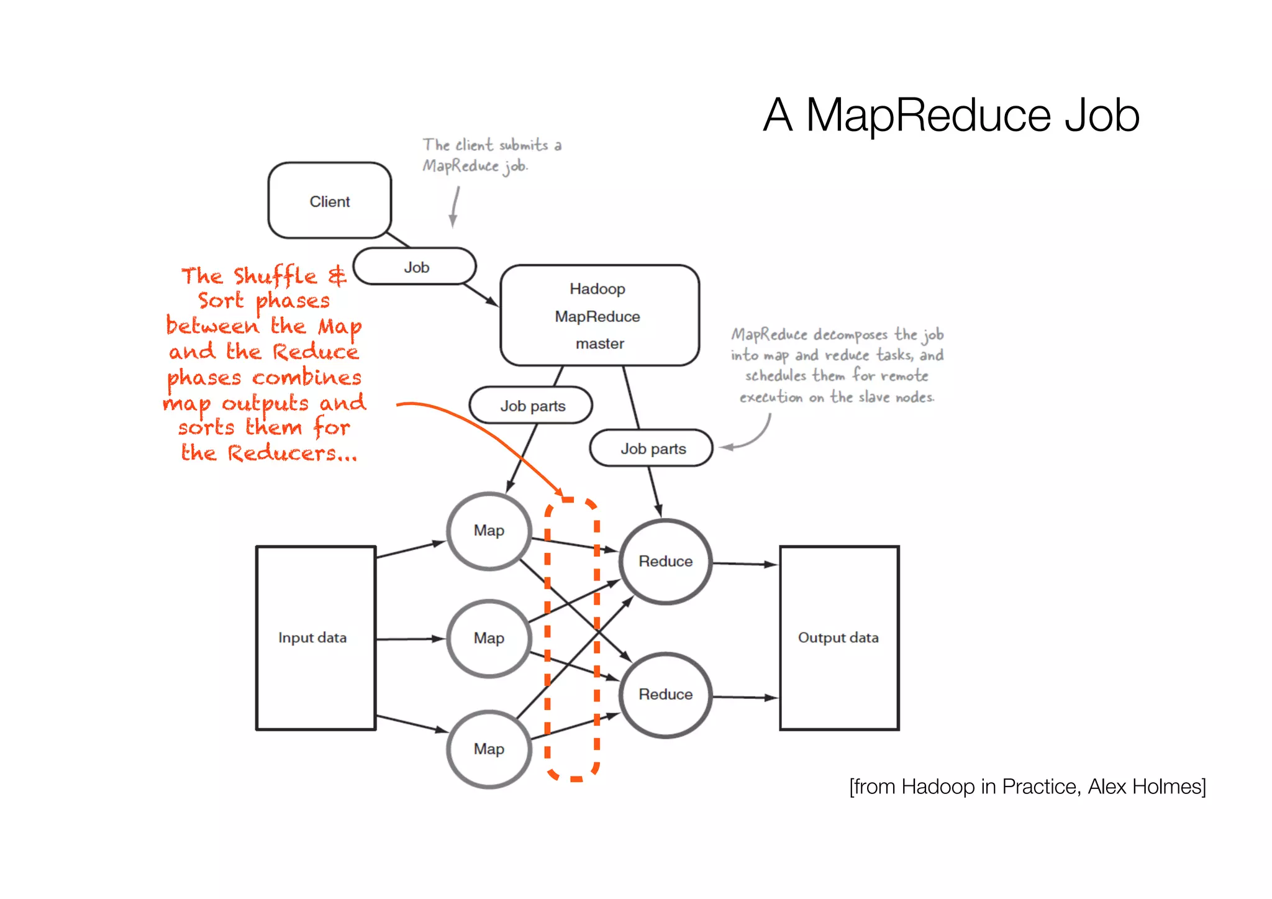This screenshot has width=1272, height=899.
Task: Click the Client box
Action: coord(329,201)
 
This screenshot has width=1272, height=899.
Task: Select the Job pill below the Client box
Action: coord(415,267)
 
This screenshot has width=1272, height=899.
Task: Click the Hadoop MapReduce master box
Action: coord(599,316)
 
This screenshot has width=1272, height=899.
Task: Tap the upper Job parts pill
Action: coord(531,406)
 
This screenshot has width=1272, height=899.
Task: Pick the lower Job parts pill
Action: coord(652,449)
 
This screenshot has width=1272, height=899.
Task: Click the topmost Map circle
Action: coord(489,531)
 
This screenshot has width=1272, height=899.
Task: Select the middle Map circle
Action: coord(489,638)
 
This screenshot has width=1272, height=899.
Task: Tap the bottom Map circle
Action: coord(489,749)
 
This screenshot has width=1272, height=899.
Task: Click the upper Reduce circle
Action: coord(665,561)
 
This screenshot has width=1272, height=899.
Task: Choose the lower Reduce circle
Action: coord(665,694)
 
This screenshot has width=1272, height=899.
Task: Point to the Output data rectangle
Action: coord(838,638)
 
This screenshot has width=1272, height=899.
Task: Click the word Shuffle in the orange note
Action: coord(275,276)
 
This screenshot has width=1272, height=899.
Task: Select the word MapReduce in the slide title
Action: coord(928,116)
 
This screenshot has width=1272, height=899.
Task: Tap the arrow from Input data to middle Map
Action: coord(410,639)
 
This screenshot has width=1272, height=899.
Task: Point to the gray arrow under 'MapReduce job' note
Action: coord(455,208)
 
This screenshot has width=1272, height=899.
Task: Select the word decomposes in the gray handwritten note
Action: coord(850,335)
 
